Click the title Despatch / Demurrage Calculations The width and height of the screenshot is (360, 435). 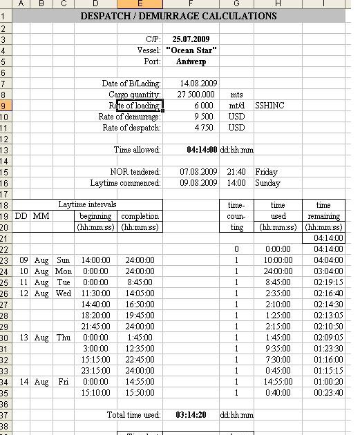tap(178, 16)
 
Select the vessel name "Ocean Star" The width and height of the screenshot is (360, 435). tap(191, 50)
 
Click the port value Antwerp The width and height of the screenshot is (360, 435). tap(191, 61)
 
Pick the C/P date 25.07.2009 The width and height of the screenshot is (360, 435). tap(191, 39)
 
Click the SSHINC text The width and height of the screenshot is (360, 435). tap(269, 106)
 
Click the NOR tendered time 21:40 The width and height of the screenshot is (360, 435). tap(236, 172)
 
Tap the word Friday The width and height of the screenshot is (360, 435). tap(266, 172)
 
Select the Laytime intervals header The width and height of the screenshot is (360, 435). tap(88, 205)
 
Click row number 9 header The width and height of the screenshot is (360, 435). tap(6, 106)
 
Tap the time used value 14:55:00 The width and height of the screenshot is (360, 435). tap(278, 382)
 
